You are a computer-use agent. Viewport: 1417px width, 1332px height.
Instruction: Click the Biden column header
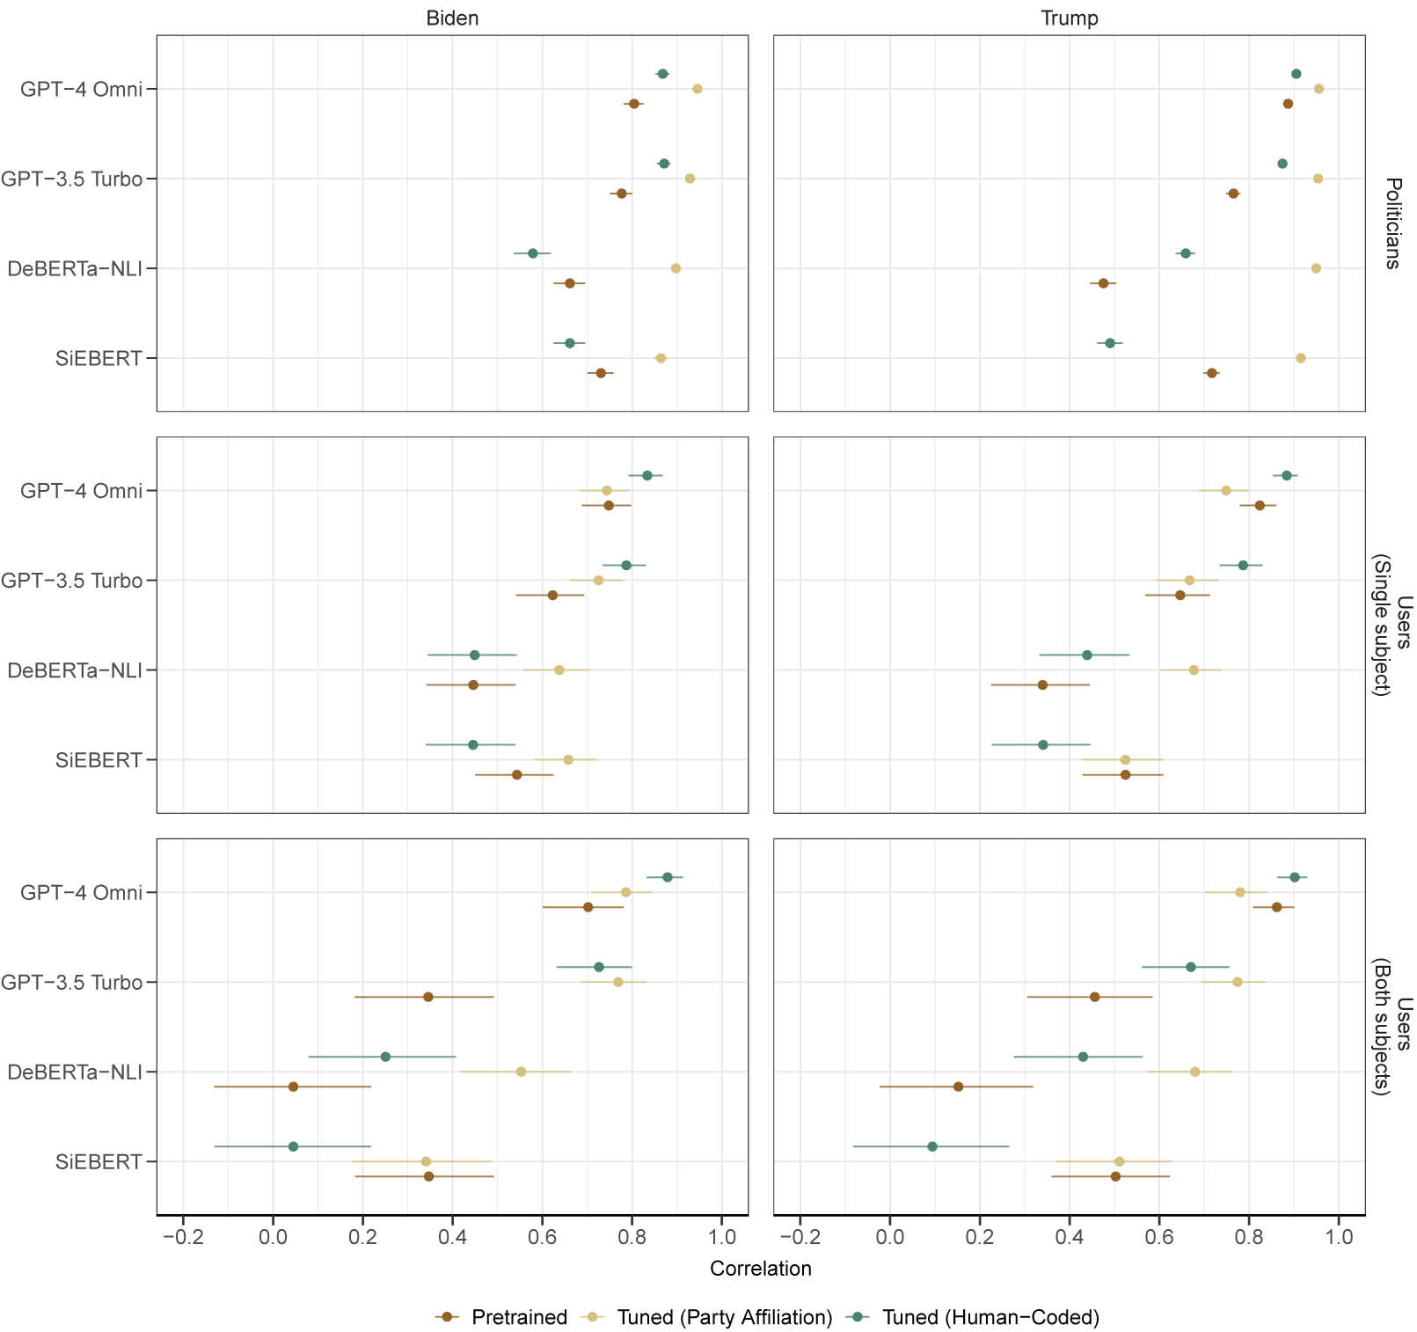(452, 18)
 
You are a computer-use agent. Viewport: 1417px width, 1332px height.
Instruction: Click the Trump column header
(1069, 18)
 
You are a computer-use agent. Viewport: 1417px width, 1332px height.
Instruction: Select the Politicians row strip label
(1392, 223)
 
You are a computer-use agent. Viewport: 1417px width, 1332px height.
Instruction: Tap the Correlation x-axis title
(760, 1268)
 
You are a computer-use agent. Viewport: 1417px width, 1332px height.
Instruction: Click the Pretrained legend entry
(519, 1317)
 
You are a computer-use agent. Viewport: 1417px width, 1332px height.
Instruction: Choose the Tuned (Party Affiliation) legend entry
(724, 1317)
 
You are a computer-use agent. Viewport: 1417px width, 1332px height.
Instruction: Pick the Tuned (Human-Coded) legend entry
(990, 1317)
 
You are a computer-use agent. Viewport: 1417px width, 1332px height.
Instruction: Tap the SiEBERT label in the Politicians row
(99, 359)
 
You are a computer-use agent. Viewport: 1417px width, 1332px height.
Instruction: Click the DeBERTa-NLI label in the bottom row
(75, 1072)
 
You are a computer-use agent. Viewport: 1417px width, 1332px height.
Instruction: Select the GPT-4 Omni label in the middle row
(81, 491)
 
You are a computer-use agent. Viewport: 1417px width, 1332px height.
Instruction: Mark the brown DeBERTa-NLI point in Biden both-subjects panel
(293, 1087)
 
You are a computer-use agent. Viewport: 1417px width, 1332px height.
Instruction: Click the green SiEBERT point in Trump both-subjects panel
(932, 1146)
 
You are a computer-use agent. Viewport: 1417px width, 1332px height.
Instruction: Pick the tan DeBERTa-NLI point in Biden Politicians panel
(676, 268)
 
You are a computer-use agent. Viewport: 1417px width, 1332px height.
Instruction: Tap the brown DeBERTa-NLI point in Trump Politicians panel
(1103, 283)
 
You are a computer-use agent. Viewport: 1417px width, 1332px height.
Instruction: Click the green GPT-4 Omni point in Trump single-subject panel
(1287, 475)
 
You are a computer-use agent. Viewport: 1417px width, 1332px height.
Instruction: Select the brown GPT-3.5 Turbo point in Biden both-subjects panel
(428, 997)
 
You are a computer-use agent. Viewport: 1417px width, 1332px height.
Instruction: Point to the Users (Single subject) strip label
(1392, 625)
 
